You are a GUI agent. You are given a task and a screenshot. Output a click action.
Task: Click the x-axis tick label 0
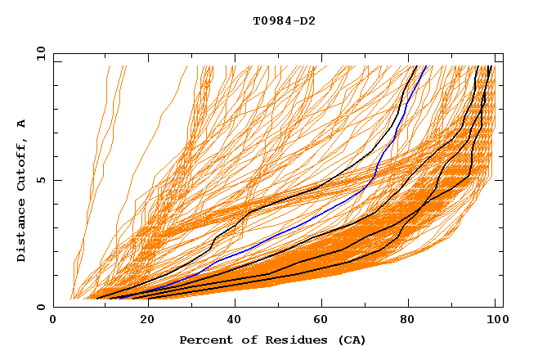[x=53, y=321]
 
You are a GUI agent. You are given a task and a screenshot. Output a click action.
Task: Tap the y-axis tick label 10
[x=39, y=53]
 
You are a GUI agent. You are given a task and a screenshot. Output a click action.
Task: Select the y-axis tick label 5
[x=43, y=180]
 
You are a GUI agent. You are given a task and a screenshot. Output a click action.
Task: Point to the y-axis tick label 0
[x=43, y=307]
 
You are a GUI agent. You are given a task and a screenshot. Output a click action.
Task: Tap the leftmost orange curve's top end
[x=107, y=66]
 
